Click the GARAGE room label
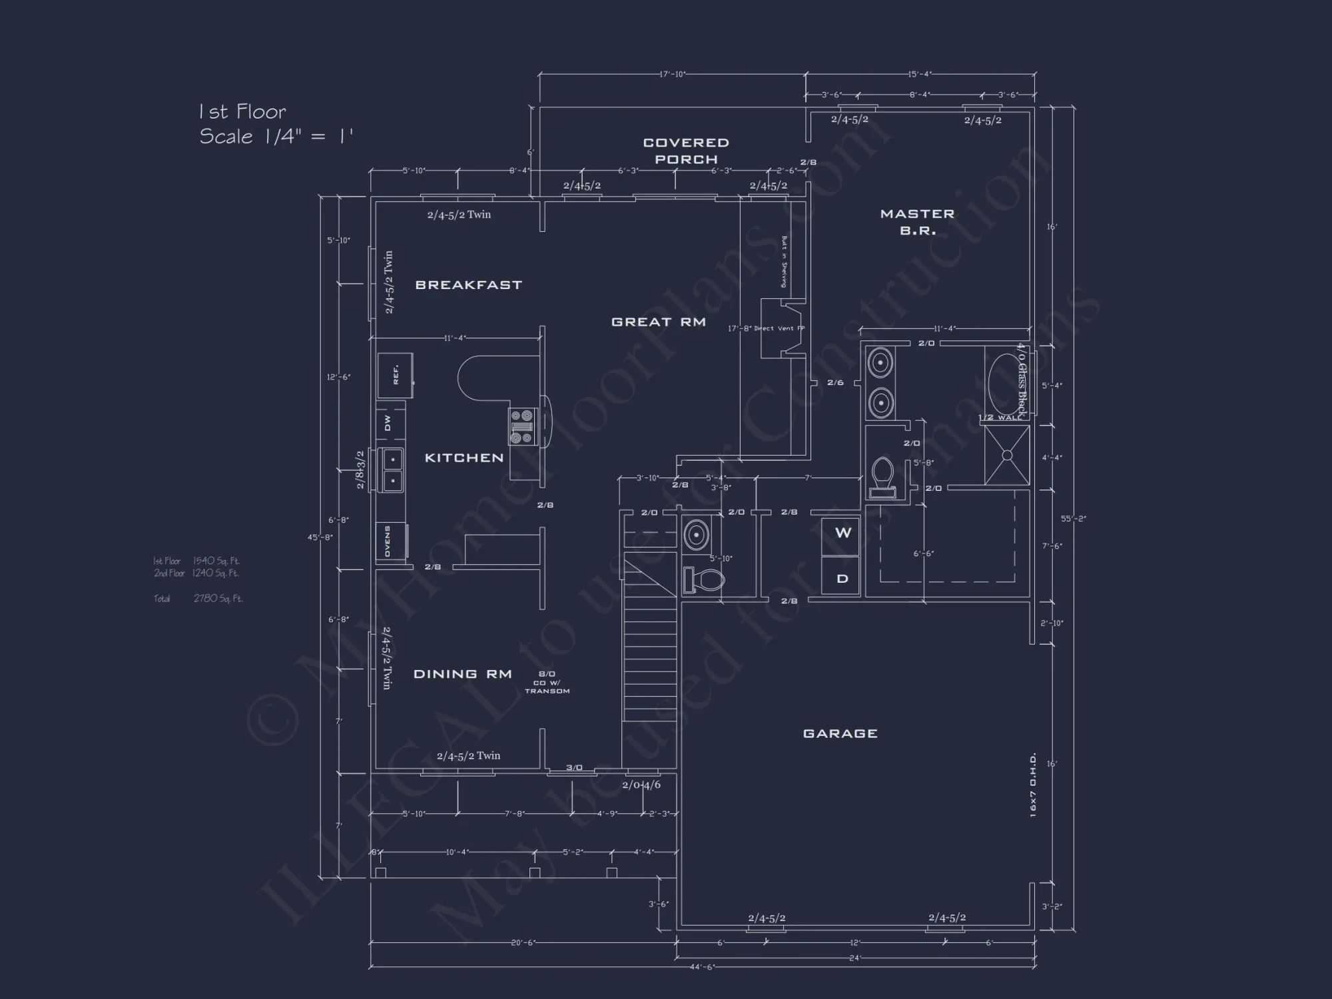pos(840,733)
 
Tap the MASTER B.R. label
pos(917,222)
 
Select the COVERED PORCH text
pos(686,151)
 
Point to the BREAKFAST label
pos(468,285)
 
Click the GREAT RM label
pos(658,322)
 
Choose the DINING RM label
pos(462,674)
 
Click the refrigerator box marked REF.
pos(396,375)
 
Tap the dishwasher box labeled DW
pos(388,423)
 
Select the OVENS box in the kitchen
pos(389,541)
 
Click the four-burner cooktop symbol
pos(523,427)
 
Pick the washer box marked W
pos(842,533)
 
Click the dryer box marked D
pos(842,579)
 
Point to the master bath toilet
pos(883,474)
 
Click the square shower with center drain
pos(1006,456)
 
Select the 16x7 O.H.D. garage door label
pos(1032,785)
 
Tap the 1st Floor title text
pos(242,112)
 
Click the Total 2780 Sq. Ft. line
pos(198,598)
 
